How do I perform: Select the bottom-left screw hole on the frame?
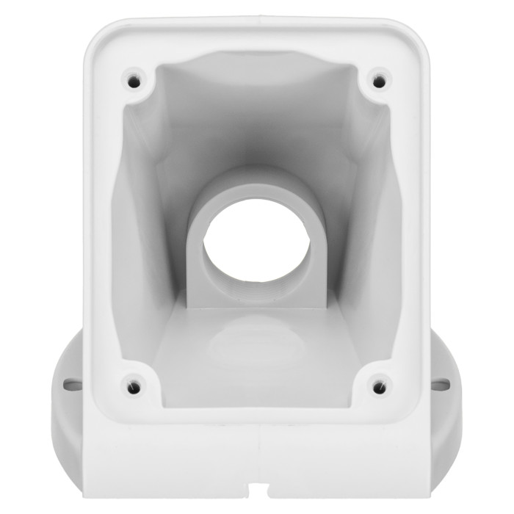(x=133, y=385)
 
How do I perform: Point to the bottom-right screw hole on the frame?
(x=379, y=385)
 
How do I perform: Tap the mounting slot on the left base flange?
(x=71, y=383)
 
